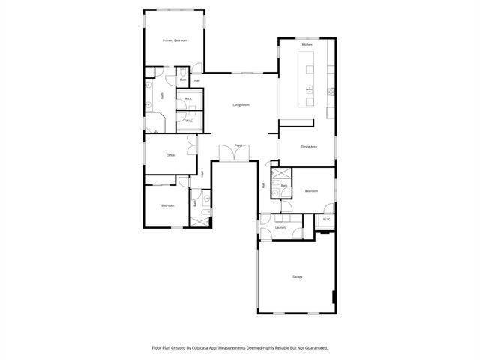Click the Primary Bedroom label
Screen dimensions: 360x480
click(x=174, y=40)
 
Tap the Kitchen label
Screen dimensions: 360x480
click(x=307, y=46)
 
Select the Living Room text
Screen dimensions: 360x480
click(x=241, y=104)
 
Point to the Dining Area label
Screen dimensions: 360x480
click(x=308, y=147)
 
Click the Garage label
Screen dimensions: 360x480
click(x=298, y=277)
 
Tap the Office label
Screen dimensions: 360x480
click(x=170, y=156)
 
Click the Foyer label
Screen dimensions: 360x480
click(x=238, y=145)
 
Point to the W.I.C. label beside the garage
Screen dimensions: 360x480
click(x=326, y=220)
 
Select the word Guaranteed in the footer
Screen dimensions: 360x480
click(x=314, y=348)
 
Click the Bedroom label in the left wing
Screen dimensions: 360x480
click(x=167, y=205)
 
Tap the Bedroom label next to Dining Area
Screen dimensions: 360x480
click(x=311, y=191)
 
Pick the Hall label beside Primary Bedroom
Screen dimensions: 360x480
click(x=197, y=80)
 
